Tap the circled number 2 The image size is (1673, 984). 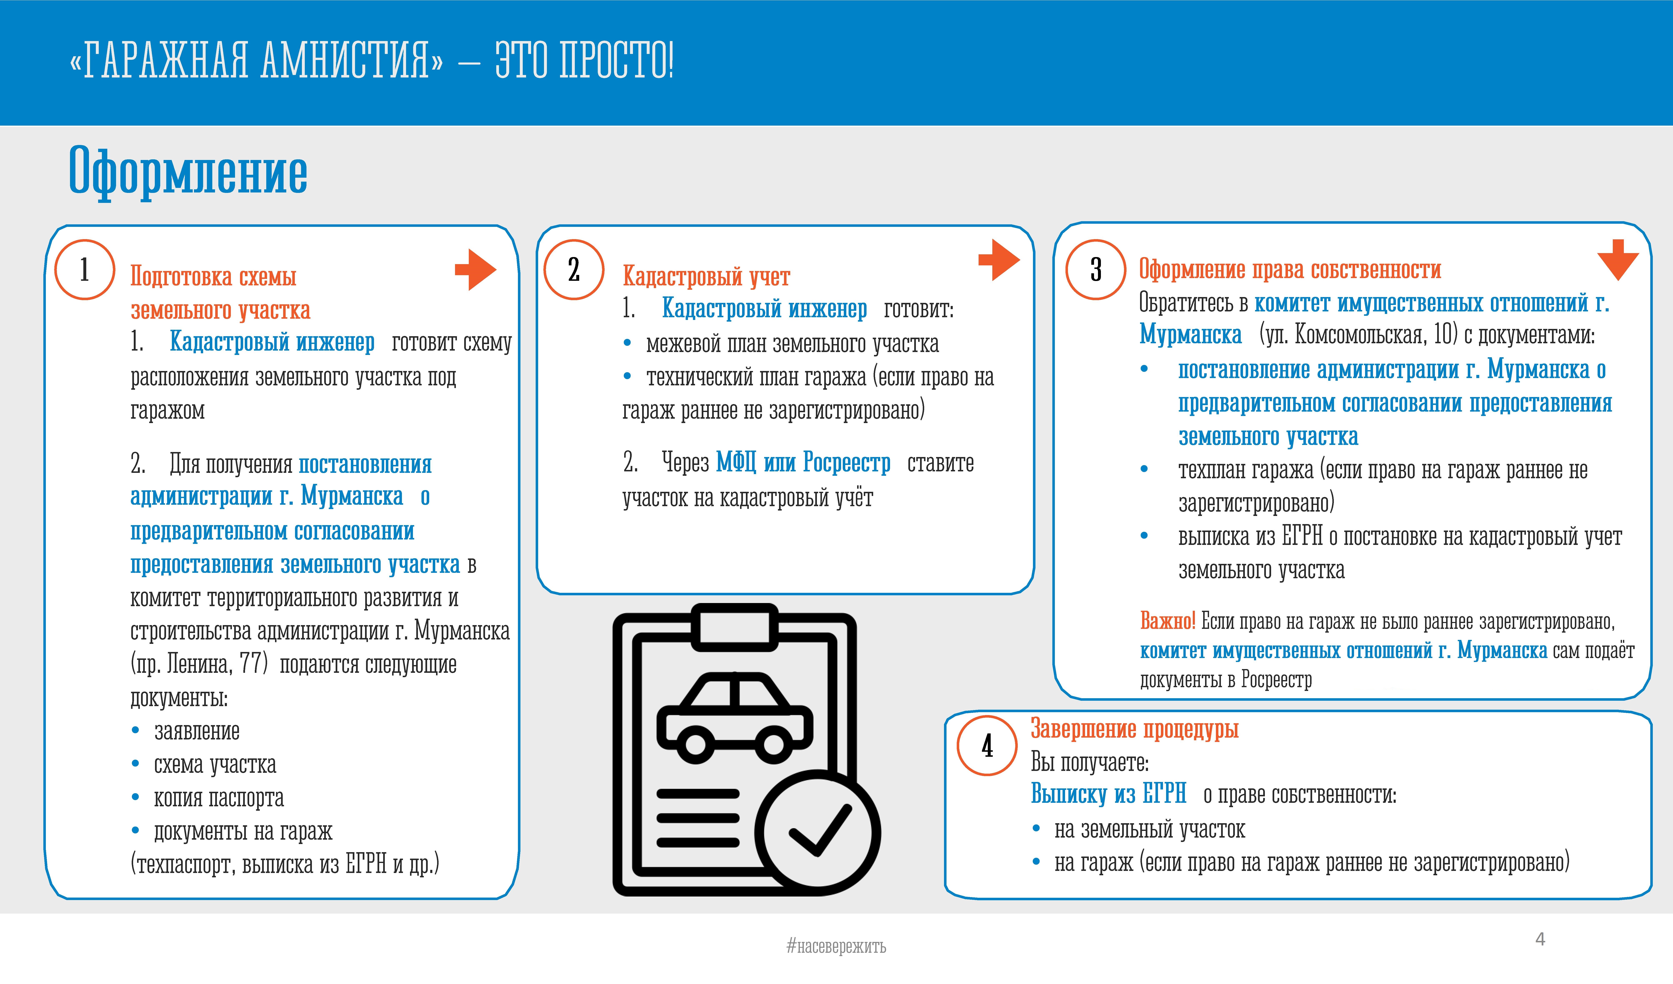point(574,269)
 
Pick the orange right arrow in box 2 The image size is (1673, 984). point(999,260)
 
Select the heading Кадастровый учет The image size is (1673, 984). point(706,276)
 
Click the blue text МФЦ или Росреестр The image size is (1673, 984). point(803,462)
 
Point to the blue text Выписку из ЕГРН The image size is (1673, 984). point(1108,794)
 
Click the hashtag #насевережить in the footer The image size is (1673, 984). point(836,946)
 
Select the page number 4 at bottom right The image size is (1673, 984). point(1540,939)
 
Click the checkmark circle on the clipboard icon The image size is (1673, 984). point(818,833)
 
